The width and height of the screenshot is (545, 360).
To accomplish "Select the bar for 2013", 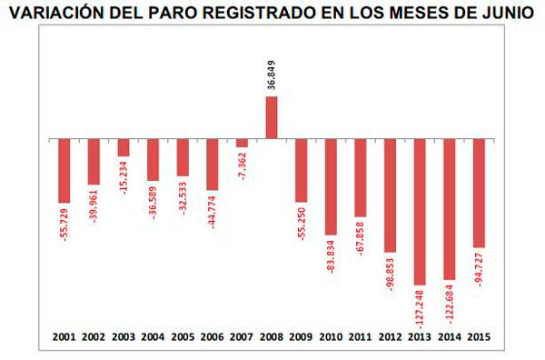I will [420, 212].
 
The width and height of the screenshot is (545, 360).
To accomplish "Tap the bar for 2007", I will [242, 143].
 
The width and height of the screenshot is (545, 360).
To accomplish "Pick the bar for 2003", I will [124, 147].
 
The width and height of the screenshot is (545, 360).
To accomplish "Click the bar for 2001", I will [64, 171].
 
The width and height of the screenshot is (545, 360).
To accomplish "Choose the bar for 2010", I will [331, 187].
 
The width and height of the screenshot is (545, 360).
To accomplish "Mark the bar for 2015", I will [479, 193].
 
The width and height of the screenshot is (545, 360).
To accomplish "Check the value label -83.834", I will [331, 259].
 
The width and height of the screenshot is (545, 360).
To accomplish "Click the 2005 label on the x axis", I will [183, 336].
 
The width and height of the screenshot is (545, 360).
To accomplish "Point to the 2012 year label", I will [390, 336].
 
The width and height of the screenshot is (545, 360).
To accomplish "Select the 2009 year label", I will [302, 336].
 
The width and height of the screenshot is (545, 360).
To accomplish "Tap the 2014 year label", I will [449, 336].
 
